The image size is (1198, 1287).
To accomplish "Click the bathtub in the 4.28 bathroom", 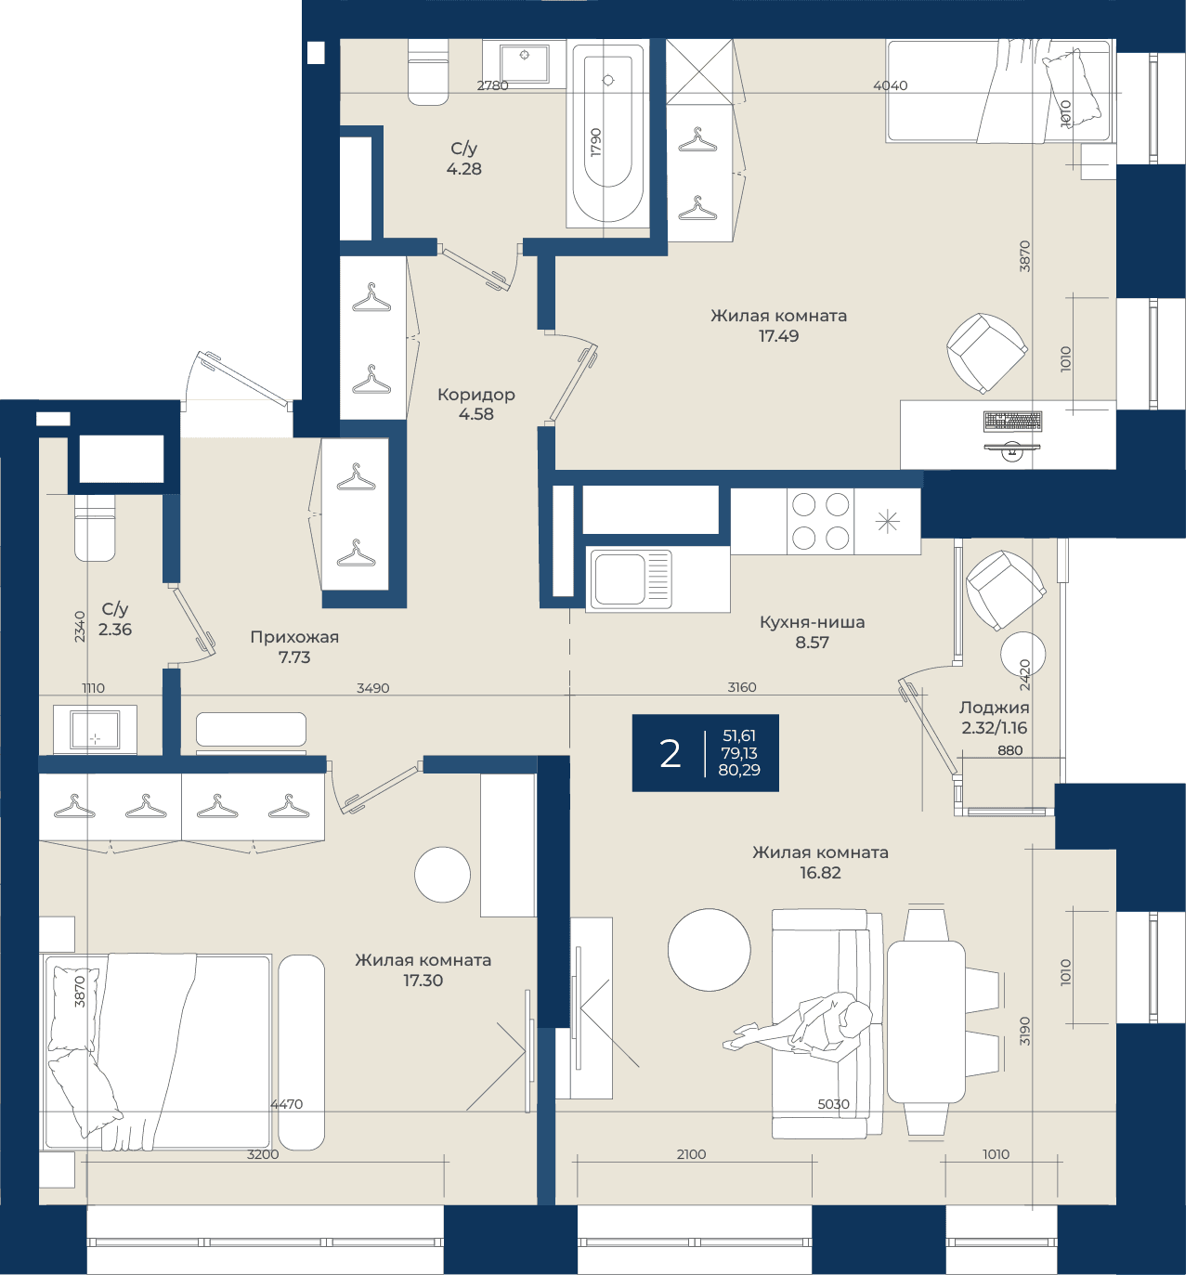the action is pos(607,133).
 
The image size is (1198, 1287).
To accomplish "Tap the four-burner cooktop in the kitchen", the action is pos(820,522).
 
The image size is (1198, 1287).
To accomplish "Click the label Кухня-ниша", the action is pos(813,623).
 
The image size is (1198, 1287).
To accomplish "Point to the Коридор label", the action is pos(475,395).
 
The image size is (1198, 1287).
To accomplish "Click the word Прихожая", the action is pos(294,638).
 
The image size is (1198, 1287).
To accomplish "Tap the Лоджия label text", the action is pos(994,708).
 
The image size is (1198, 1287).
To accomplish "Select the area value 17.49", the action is pos(778,336).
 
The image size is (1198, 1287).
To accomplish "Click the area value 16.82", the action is pos(820,873).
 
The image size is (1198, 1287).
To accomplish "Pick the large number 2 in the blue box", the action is pos(670,754).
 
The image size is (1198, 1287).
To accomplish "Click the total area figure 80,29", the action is pos(739,770).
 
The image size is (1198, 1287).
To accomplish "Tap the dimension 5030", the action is pos(833,1103).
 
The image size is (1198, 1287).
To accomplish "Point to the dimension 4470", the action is pos(287,1103).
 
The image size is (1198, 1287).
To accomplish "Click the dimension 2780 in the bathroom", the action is pos(493,85).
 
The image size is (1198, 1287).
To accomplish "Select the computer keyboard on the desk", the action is pos(1012,422).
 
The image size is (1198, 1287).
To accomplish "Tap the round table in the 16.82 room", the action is pos(710,949).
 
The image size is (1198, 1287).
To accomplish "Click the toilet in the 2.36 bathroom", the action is pos(95,527).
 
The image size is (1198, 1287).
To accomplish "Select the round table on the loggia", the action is pos(1023,655).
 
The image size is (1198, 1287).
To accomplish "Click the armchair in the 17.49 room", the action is pos(986,353).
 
